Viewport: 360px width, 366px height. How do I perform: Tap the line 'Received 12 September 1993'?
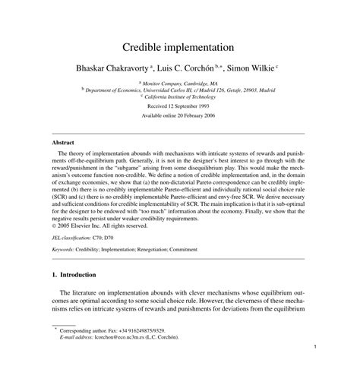coord(180,107)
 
